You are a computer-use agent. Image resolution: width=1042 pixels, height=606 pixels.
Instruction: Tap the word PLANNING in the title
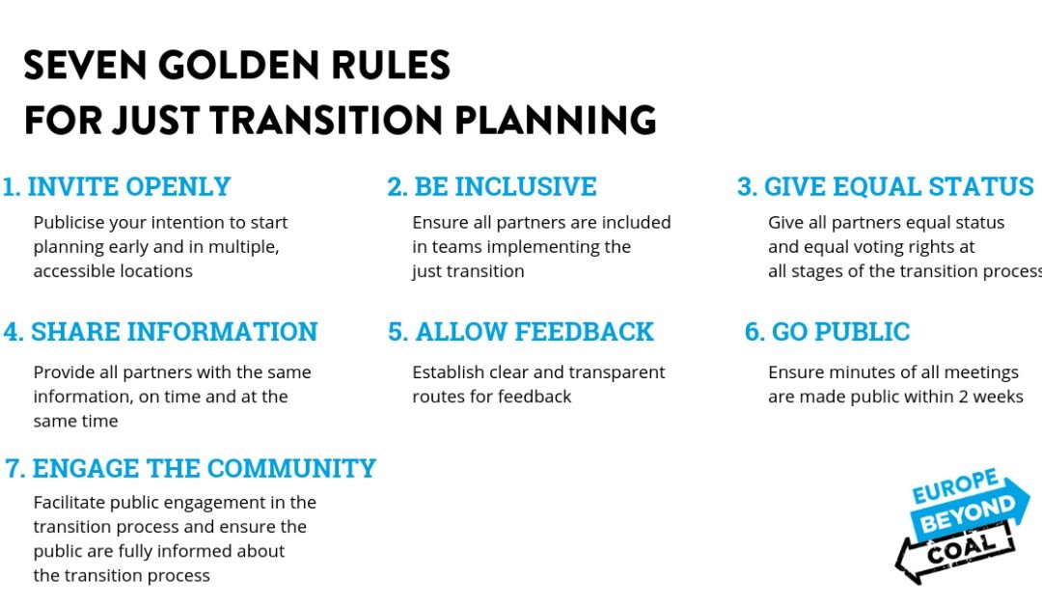pyautogui.click(x=556, y=121)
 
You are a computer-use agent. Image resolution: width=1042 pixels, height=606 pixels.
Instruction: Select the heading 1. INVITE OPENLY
pyautogui.click(x=117, y=186)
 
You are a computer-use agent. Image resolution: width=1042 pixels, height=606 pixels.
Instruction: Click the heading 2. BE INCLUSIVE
pyautogui.click(x=492, y=186)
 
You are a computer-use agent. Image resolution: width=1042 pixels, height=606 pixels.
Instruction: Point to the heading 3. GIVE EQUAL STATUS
pyautogui.click(x=885, y=186)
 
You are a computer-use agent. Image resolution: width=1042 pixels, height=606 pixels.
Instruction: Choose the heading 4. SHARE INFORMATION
pyautogui.click(x=161, y=332)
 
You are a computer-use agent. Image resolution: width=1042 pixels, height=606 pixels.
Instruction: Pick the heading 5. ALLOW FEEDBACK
pyautogui.click(x=521, y=332)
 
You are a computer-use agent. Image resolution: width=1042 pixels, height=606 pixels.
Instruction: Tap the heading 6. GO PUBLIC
pyautogui.click(x=828, y=332)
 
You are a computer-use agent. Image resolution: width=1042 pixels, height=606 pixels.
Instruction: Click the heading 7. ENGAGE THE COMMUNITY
pyautogui.click(x=191, y=468)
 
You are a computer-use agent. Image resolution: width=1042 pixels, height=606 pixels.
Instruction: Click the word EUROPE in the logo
pyautogui.click(x=955, y=485)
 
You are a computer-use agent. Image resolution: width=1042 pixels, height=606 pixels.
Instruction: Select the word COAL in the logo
pyautogui.click(x=961, y=548)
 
